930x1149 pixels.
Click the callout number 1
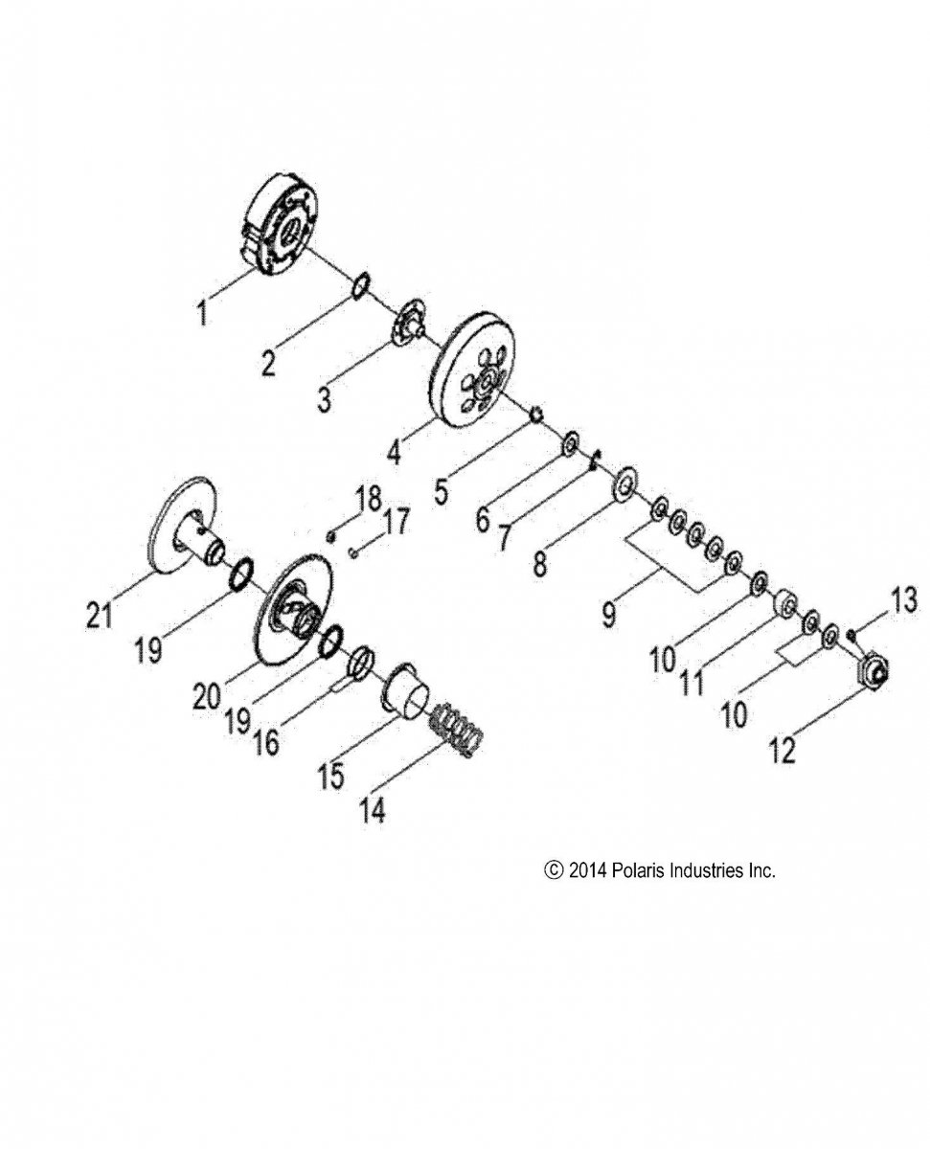[x=202, y=313]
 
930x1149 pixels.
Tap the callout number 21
[x=100, y=615]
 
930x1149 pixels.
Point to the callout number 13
[x=903, y=600]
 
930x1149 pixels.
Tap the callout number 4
[x=395, y=452]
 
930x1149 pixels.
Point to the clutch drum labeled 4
[x=473, y=370]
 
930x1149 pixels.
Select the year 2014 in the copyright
[x=587, y=870]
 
